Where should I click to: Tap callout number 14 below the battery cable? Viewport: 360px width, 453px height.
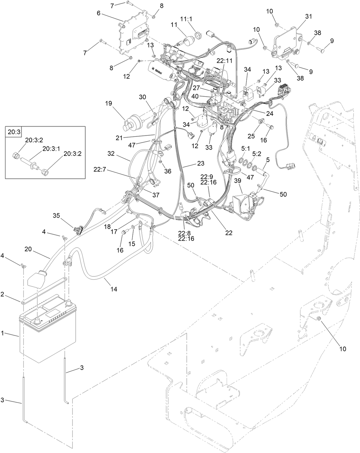pyautogui.click(x=114, y=289)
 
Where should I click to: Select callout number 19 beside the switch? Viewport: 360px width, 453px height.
pyautogui.click(x=108, y=103)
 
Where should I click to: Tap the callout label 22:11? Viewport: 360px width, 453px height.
pyautogui.click(x=224, y=60)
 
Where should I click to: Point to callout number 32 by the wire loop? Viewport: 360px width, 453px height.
pyautogui.click(x=111, y=153)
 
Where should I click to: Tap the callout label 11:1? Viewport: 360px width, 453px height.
pyautogui.click(x=186, y=18)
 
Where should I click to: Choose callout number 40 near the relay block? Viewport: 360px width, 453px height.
pyautogui.click(x=203, y=96)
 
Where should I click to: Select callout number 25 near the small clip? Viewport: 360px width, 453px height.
pyautogui.click(x=251, y=136)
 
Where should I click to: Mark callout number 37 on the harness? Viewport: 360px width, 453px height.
pyautogui.click(x=156, y=195)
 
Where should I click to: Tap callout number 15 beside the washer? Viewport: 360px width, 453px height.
pyautogui.click(x=131, y=244)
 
